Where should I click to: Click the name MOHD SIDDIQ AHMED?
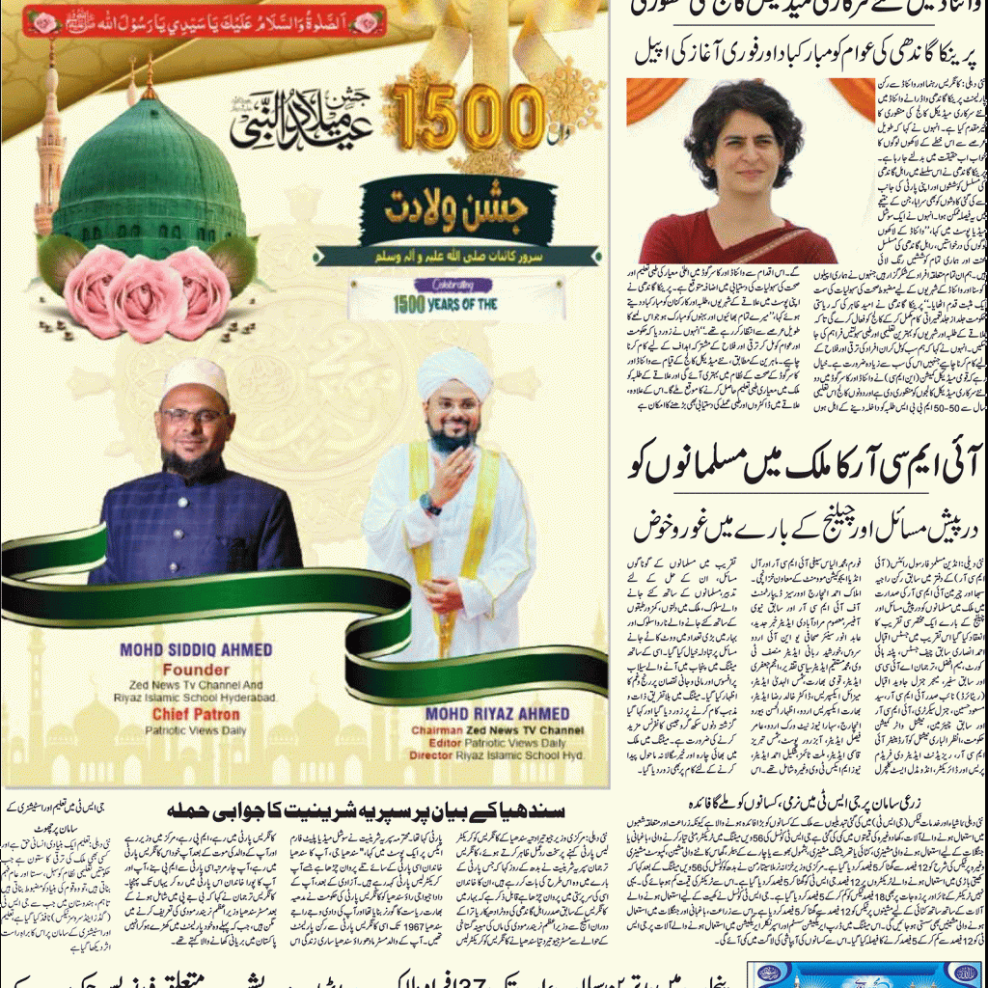tap(196, 649)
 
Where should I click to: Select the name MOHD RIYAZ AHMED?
tap(498, 713)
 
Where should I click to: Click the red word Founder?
tap(196, 669)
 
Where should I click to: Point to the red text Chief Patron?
tap(196, 714)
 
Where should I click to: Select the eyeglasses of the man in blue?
tap(196, 416)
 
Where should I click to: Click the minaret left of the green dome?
tap(49, 154)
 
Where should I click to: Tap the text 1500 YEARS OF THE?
tap(446, 304)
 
